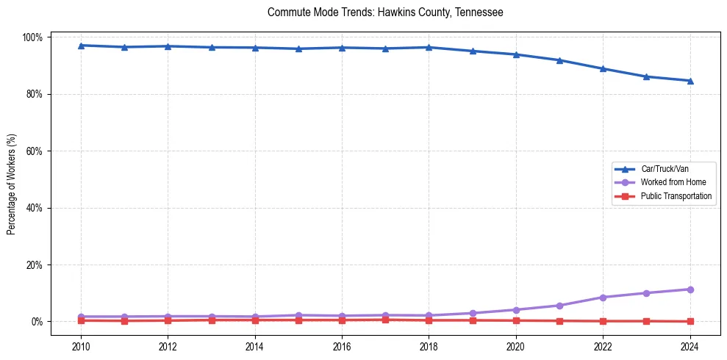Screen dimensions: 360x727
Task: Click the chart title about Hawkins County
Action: tap(385, 12)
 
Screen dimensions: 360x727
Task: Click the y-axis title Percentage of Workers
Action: tap(12, 179)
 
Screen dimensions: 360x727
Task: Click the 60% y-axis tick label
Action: tap(34, 151)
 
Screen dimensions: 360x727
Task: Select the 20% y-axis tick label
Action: tap(34, 264)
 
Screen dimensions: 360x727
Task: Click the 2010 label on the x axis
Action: tap(81, 346)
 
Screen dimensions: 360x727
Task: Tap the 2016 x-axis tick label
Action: tap(342, 346)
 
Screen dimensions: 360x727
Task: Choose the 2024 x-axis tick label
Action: tap(690, 346)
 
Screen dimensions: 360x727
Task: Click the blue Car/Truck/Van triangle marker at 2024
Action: tap(690, 81)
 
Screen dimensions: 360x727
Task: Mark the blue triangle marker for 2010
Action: tap(81, 46)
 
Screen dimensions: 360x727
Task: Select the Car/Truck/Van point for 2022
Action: tap(603, 68)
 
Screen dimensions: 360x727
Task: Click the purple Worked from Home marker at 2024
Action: tap(690, 289)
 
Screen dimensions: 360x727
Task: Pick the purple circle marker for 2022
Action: tap(603, 298)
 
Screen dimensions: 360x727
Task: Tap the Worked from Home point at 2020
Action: tap(516, 310)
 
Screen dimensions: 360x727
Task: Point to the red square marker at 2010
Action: tap(81, 320)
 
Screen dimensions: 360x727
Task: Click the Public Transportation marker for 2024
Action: tap(690, 321)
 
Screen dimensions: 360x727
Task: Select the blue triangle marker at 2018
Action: tap(429, 47)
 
